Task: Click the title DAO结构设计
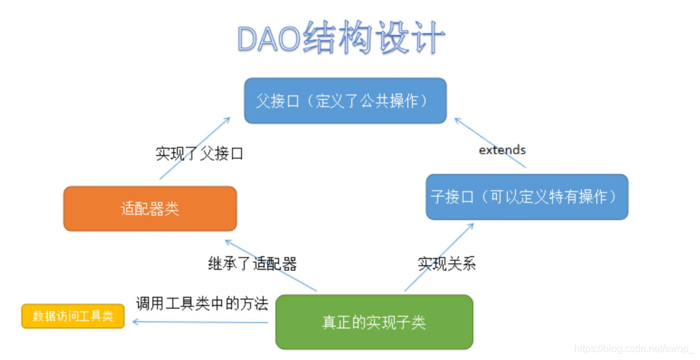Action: click(x=341, y=39)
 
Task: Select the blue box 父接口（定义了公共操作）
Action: click(x=345, y=101)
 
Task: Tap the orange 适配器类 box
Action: click(x=150, y=208)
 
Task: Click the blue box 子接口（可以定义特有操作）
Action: click(x=527, y=197)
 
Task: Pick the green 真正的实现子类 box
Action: click(x=374, y=322)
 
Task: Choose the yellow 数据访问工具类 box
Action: click(x=73, y=316)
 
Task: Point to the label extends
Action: click(x=502, y=150)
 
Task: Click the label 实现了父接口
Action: click(x=199, y=153)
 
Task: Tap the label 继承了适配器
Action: click(x=252, y=264)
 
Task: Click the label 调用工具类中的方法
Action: click(x=202, y=304)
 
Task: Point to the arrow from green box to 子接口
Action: click(x=438, y=257)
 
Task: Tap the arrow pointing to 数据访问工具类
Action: click(x=200, y=322)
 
